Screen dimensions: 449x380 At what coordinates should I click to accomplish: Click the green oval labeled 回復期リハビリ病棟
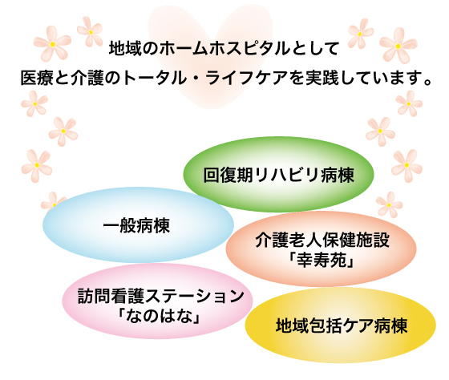click(x=278, y=174)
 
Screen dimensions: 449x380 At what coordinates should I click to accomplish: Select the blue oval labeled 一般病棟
click(x=138, y=225)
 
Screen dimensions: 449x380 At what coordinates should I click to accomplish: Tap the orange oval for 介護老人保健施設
click(x=321, y=249)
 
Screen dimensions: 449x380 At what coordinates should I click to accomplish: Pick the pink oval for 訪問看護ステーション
click(x=157, y=301)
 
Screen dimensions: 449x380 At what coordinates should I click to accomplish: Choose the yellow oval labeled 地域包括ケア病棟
click(x=341, y=325)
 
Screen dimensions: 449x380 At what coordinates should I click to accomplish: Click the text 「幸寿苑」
click(x=322, y=260)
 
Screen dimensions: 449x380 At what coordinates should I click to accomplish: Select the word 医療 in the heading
click(x=37, y=78)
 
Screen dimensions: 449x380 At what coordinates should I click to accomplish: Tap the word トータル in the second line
click(x=154, y=78)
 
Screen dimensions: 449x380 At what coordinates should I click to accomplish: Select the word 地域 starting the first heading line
click(x=125, y=49)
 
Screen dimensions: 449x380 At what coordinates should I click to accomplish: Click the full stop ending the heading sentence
click(x=428, y=83)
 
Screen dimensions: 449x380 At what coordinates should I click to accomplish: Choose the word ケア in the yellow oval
click(x=358, y=325)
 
